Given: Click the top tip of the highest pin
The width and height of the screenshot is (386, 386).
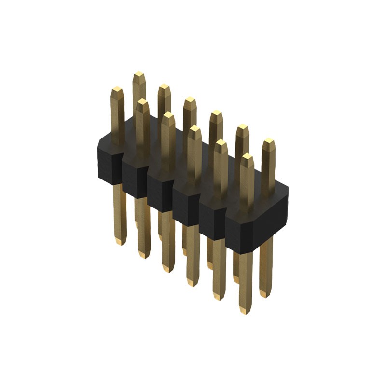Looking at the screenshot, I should pos(139,74).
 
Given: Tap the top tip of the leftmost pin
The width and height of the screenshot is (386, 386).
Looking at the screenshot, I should pos(117,90).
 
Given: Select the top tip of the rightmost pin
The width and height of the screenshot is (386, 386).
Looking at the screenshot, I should pos(268,142).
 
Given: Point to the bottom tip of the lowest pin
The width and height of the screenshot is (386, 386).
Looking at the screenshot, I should pos(245,311).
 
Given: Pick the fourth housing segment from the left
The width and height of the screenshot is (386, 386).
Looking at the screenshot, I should pos(185,205).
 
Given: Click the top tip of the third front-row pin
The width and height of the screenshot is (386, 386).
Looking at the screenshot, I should pos(168,115).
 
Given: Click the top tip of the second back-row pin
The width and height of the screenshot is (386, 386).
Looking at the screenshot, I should pos(164,87).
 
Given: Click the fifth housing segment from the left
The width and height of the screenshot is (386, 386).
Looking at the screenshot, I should pos(212,219).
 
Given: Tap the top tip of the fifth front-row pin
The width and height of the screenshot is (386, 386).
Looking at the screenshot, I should pos(221,143).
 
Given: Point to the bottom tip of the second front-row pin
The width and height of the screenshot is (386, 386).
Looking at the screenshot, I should pos(143,254).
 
